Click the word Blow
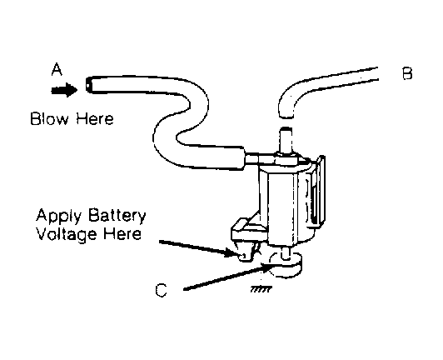(47, 119)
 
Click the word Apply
(56, 216)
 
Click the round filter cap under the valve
(284, 267)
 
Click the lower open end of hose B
(285, 113)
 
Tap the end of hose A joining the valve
(250, 155)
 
